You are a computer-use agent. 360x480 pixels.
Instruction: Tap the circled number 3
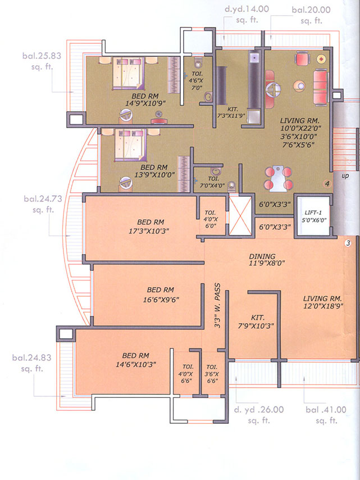pyautogui.click(x=348, y=243)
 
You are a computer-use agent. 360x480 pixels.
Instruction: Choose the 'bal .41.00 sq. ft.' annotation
pyautogui.click(x=322, y=415)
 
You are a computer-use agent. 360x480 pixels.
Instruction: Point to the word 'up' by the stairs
pyautogui.click(x=345, y=176)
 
